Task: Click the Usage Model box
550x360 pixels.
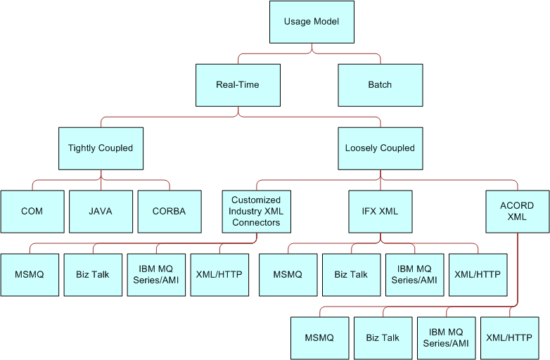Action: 312,22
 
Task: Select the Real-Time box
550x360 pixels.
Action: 238,85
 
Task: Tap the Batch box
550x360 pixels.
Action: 380,85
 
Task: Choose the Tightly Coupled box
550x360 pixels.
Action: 101,148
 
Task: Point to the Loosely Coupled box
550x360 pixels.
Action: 380,148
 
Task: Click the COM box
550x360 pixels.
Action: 32,211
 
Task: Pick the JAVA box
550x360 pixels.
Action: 101,211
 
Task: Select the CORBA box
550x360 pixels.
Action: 169,211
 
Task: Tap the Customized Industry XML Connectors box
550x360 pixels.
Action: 255,211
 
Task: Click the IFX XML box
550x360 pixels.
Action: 380,211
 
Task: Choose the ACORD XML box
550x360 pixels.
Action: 517,211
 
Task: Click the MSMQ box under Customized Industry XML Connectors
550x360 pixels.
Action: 30,274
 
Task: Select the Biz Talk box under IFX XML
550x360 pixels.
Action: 351,274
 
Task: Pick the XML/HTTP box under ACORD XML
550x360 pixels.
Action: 509,337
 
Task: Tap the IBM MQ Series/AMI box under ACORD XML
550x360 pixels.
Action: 446,337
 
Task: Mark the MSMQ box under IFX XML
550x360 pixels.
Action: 288,274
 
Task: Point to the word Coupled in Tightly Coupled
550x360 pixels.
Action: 116,148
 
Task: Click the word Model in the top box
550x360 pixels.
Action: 326,22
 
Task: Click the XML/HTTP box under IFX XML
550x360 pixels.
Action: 478,274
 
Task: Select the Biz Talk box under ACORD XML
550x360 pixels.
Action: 383,337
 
